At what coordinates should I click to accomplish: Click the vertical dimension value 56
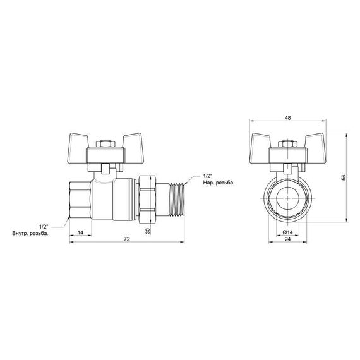point(344,177)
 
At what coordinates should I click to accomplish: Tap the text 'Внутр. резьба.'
point(45,233)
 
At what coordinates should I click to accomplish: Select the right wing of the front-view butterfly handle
point(310,142)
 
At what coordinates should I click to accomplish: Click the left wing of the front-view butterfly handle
point(265,142)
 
